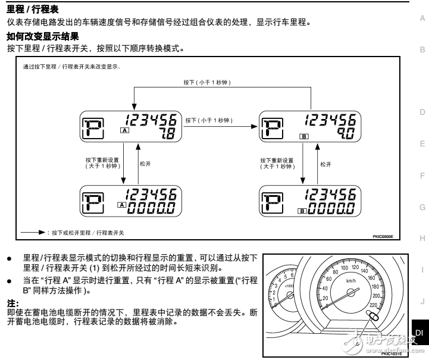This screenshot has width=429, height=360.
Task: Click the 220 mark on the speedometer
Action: tap(372, 305)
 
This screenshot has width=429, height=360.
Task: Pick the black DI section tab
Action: tap(419, 333)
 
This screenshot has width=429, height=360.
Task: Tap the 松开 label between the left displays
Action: tap(145, 164)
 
